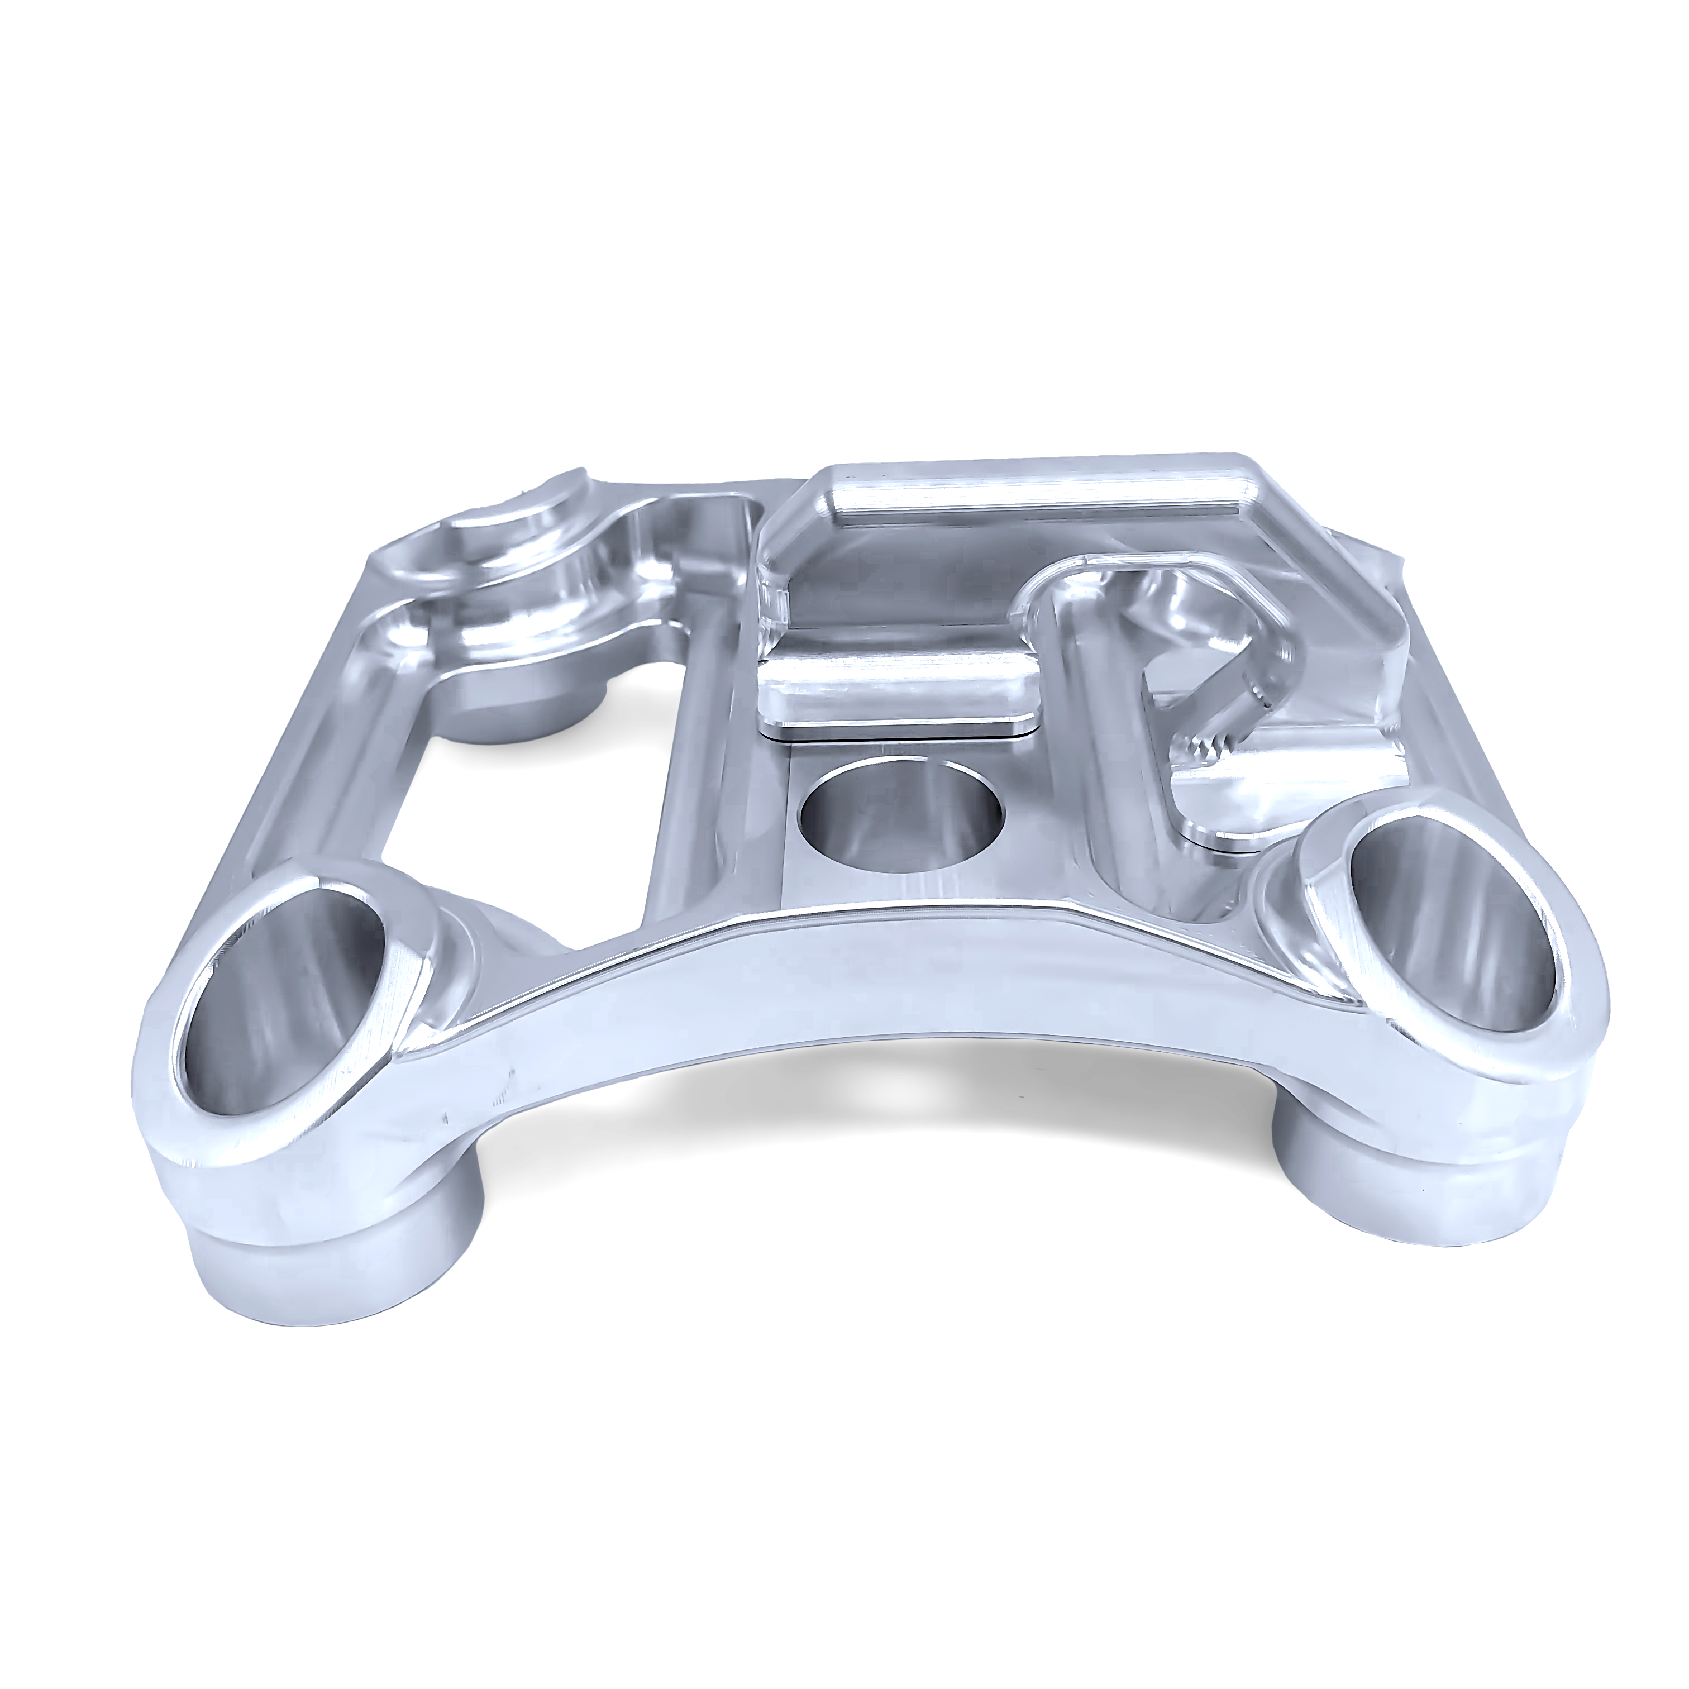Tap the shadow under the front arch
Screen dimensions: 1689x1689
coord(874,1137)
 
